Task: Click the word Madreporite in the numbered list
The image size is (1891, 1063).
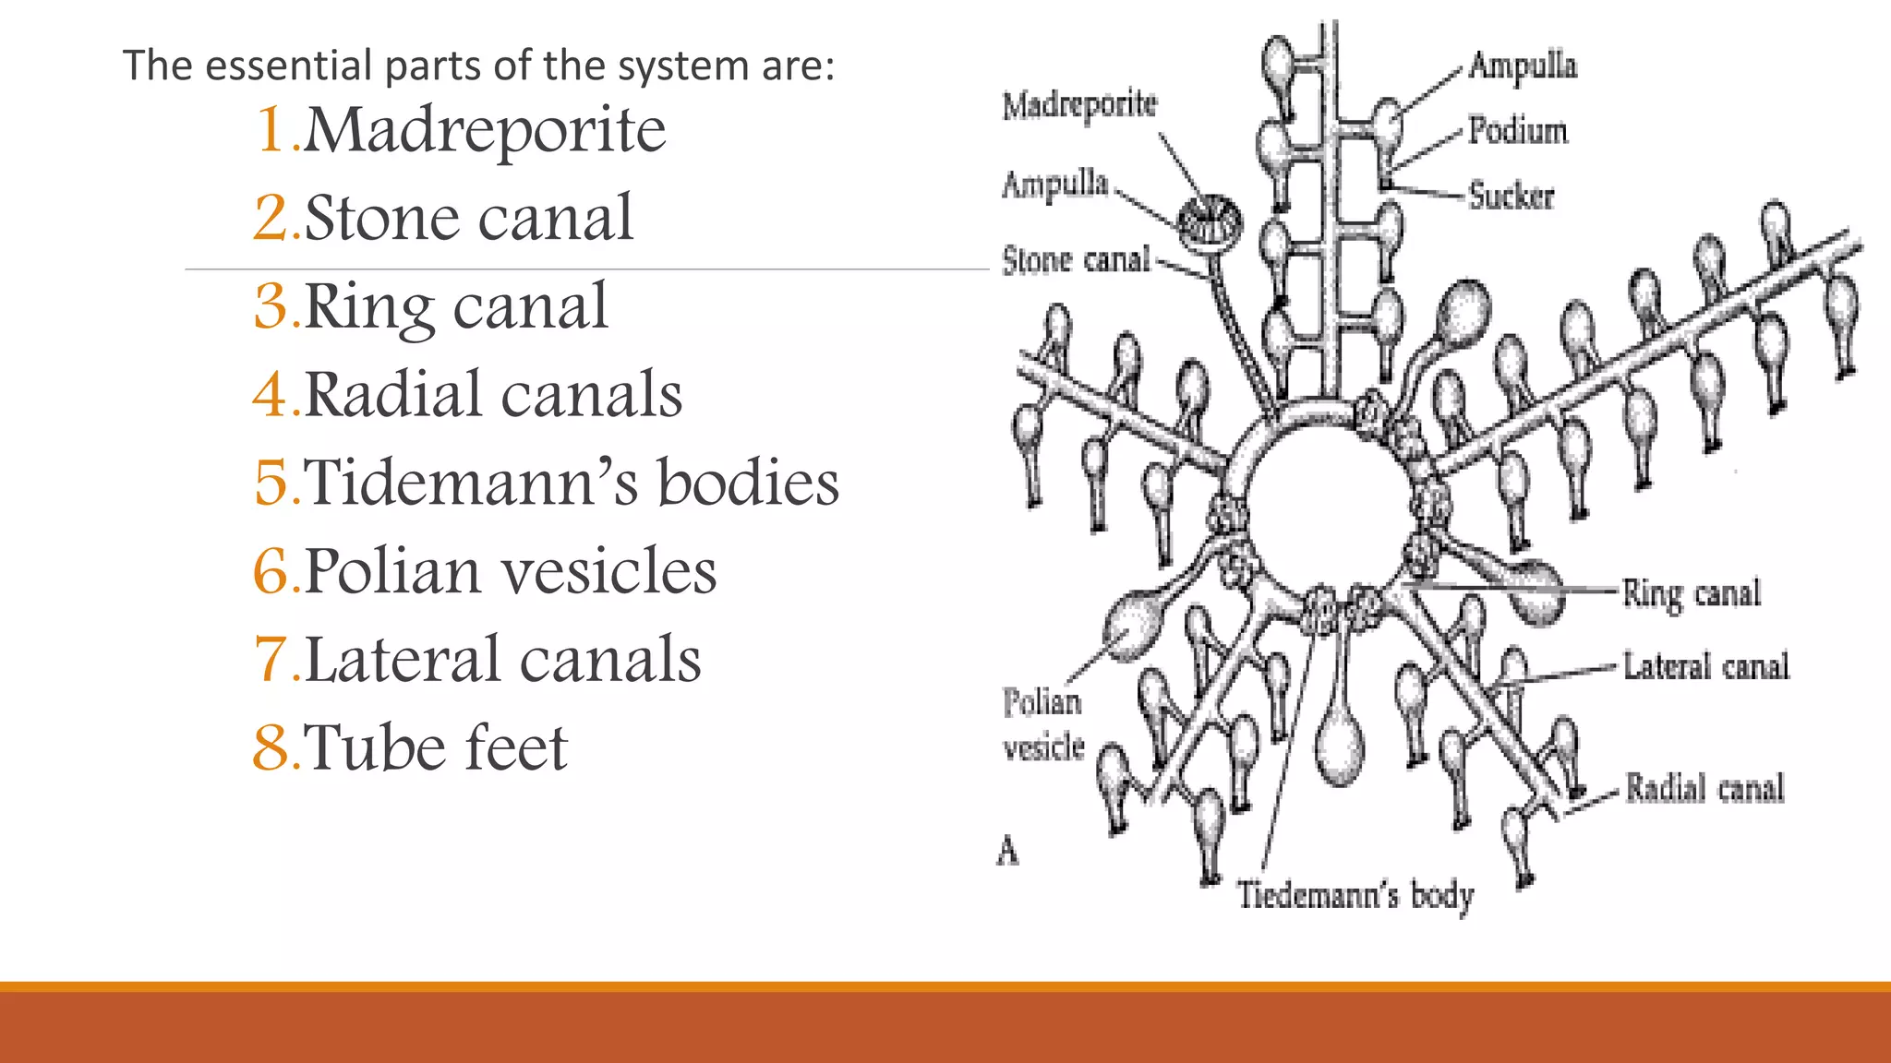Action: click(x=484, y=130)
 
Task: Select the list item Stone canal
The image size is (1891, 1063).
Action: click(x=468, y=219)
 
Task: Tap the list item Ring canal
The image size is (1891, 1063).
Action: click(x=455, y=306)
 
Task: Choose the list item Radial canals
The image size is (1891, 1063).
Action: click(x=493, y=395)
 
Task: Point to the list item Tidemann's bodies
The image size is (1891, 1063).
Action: click(x=572, y=483)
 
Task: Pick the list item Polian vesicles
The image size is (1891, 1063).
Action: click(x=510, y=571)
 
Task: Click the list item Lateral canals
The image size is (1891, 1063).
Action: click(x=502, y=660)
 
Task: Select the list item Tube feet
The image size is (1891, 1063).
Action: click(x=435, y=747)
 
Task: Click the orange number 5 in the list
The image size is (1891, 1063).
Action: click(x=271, y=483)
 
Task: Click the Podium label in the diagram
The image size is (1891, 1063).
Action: click(x=1518, y=131)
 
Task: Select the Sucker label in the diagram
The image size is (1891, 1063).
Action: click(x=1512, y=197)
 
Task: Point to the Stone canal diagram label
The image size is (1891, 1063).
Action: click(x=1077, y=260)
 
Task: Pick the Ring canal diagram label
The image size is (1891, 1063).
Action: click(x=1692, y=593)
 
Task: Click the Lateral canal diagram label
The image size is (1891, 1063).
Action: click(x=1706, y=666)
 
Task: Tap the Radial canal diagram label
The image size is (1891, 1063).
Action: click(x=1704, y=788)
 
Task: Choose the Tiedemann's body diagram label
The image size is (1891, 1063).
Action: click(x=1355, y=896)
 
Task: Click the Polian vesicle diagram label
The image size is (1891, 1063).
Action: click(x=1042, y=724)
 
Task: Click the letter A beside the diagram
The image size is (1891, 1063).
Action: click(x=1007, y=851)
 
